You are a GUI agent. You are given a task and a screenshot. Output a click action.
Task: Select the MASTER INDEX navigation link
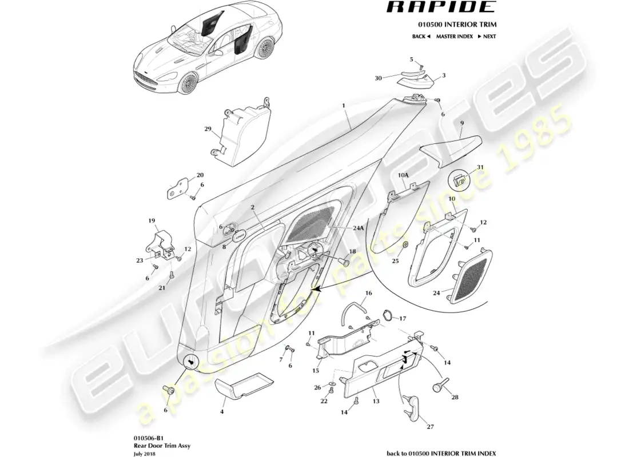(454, 36)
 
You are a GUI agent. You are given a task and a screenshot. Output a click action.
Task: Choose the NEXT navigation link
(487, 36)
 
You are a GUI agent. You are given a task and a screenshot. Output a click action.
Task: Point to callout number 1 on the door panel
(344, 106)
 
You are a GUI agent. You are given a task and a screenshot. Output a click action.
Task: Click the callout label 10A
(403, 175)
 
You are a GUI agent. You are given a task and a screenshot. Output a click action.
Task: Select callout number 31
(480, 167)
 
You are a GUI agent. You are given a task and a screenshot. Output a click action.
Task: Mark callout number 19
(152, 221)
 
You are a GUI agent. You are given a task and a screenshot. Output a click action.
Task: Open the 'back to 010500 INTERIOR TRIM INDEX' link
(441, 453)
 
